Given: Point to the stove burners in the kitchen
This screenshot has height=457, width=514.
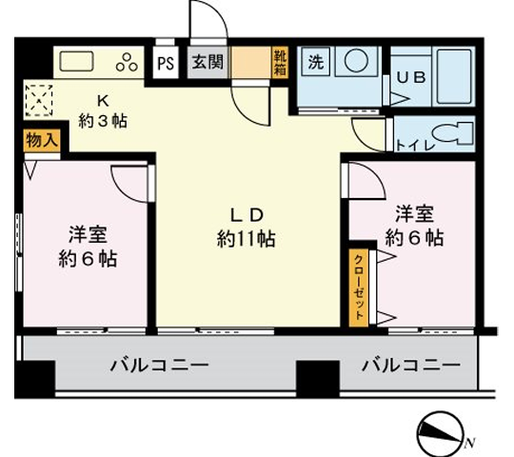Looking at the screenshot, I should point(126,63).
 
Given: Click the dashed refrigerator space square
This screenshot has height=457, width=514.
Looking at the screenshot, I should point(40,98).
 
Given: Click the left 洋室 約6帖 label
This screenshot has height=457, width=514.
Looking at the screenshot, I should point(86,246).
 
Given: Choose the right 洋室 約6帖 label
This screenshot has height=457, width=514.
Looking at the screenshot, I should point(413,225).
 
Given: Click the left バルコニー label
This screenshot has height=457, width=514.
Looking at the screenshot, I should point(159,364).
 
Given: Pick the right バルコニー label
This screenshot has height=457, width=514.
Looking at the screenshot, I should point(410,364).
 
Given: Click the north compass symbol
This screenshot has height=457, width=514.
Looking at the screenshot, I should point(440,437).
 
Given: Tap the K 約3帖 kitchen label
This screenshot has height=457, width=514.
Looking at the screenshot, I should point(103,109).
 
